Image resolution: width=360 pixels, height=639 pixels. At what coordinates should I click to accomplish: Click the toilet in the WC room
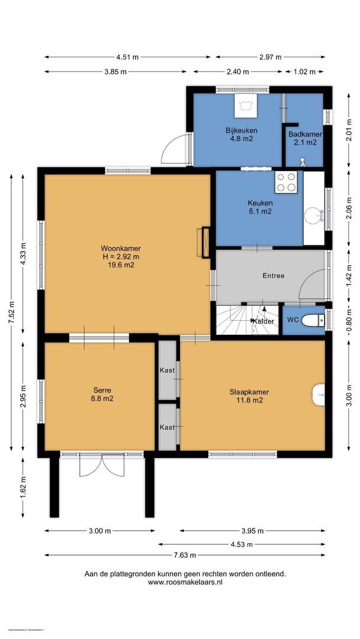tap(313, 320)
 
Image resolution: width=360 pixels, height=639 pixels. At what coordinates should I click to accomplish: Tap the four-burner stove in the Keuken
tap(286, 182)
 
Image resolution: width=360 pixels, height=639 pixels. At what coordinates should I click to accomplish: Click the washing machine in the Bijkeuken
tap(245, 106)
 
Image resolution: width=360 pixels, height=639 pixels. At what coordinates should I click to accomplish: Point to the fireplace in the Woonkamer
tap(205, 242)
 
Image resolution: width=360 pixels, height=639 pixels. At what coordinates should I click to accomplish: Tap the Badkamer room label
tap(305, 134)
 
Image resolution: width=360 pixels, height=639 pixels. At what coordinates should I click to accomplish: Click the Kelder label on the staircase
tap(263, 321)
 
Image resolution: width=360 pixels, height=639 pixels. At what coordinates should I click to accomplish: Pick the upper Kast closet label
tap(167, 370)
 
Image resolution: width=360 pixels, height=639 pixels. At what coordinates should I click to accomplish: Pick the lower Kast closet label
tap(167, 427)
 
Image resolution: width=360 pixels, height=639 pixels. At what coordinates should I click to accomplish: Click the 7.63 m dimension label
tap(185, 556)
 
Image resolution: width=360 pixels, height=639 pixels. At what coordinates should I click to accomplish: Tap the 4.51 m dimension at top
tap(128, 57)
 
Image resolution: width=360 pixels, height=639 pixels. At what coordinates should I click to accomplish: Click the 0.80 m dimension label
tap(349, 320)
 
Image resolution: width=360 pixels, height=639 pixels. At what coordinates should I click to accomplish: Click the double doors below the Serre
tap(101, 464)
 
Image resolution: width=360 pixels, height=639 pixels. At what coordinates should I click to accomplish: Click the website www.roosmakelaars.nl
tap(185, 582)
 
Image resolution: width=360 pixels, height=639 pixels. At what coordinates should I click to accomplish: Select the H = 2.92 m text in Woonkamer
tap(121, 257)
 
